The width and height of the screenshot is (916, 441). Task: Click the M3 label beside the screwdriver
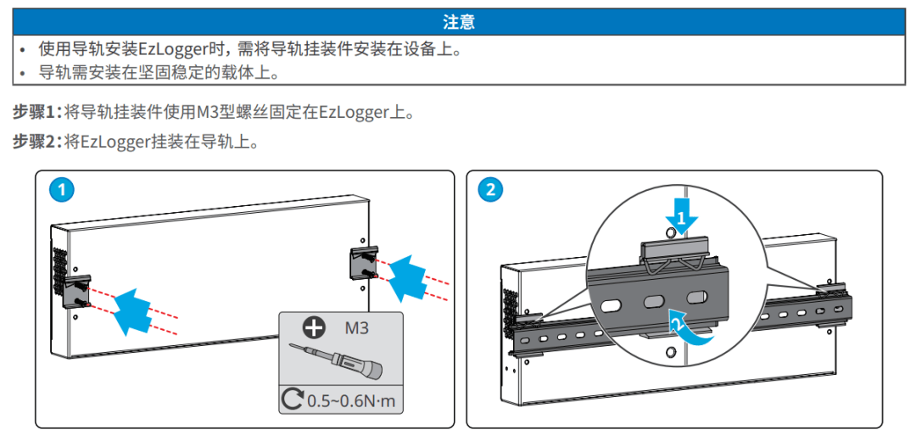356,327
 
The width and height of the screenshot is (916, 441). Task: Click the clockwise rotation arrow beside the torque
293,399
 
